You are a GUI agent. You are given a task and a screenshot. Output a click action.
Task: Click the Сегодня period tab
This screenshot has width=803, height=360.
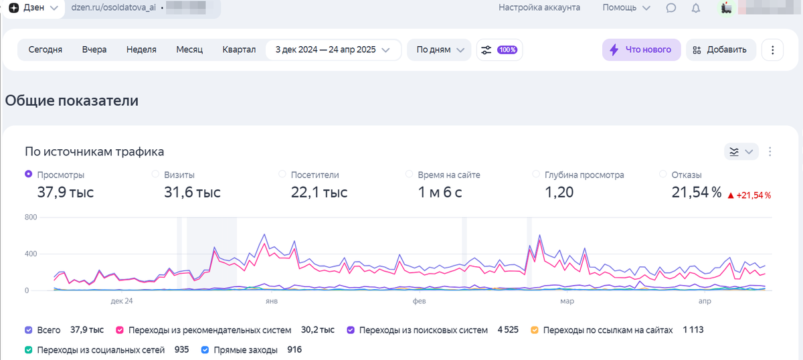pyautogui.click(x=46, y=50)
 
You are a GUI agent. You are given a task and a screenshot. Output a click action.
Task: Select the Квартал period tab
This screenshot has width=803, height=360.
pyautogui.click(x=239, y=50)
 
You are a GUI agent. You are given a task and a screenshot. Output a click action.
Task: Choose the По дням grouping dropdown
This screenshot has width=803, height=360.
pyautogui.click(x=439, y=50)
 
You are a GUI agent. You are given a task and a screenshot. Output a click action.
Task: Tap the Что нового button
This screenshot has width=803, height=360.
pyautogui.click(x=641, y=50)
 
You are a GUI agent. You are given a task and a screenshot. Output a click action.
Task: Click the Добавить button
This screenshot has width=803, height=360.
pyautogui.click(x=721, y=50)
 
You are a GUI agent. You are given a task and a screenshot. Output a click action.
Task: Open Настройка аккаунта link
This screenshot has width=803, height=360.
pyautogui.click(x=539, y=8)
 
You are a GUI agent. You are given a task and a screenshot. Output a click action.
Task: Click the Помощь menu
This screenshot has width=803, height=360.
pyautogui.click(x=626, y=8)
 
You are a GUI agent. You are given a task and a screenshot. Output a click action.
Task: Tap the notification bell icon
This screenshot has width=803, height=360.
pyautogui.click(x=696, y=8)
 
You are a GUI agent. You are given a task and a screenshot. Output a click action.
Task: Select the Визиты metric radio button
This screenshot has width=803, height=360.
pyautogui.click(x=155, y=175)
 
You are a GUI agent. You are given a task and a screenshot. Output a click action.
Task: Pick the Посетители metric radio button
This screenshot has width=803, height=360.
pyautogui.click(x=282, y=175)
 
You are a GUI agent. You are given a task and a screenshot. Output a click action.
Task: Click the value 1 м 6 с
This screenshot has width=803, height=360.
pyautogui.click(x=440, y=193)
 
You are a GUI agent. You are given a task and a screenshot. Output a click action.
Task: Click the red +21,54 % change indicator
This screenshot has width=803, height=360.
pyautogui.click(x=749, y=195)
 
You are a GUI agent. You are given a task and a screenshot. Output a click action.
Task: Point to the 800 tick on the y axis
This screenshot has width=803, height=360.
pyautogui.click(x=30, y=217)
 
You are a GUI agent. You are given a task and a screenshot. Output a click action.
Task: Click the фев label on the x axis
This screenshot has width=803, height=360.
pyautogui.click(x=419, y=301)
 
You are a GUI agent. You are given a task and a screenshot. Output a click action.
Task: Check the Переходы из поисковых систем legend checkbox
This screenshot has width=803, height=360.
pyautogui.click(x=350, y=330)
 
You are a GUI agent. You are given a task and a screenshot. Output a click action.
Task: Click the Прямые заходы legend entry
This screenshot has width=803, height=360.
pyautogui.click(x=205, y=349)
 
